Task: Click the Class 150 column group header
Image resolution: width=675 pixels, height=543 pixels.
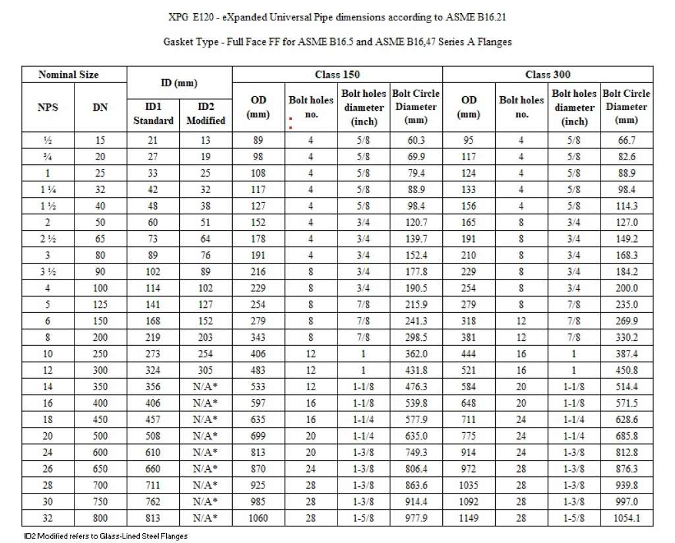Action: click(x=337, y=74)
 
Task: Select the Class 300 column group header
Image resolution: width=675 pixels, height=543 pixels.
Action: click(x=547, y=74)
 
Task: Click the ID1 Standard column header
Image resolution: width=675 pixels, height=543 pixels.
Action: click(x=153, y=113)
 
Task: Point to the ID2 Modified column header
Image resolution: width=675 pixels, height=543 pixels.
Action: click(x=206, y=113)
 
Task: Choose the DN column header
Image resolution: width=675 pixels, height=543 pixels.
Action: click(x=100, y=107)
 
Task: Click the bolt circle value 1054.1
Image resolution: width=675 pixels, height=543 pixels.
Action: click(x=626, y=519)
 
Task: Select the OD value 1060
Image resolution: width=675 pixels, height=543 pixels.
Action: click(x=258, y=519)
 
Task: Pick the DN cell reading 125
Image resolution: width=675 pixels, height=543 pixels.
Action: click(x=100, y=304)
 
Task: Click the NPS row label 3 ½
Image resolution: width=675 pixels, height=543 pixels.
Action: click(x=47, y=271)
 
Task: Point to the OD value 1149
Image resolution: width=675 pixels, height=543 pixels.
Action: click(x=469, y=519)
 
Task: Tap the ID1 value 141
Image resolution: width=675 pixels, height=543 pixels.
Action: click(x=153, y=304)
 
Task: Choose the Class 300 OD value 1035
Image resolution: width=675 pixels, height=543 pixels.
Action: click(x=469, y=486)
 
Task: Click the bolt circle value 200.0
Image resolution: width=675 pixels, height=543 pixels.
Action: click(x=626, y=288)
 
